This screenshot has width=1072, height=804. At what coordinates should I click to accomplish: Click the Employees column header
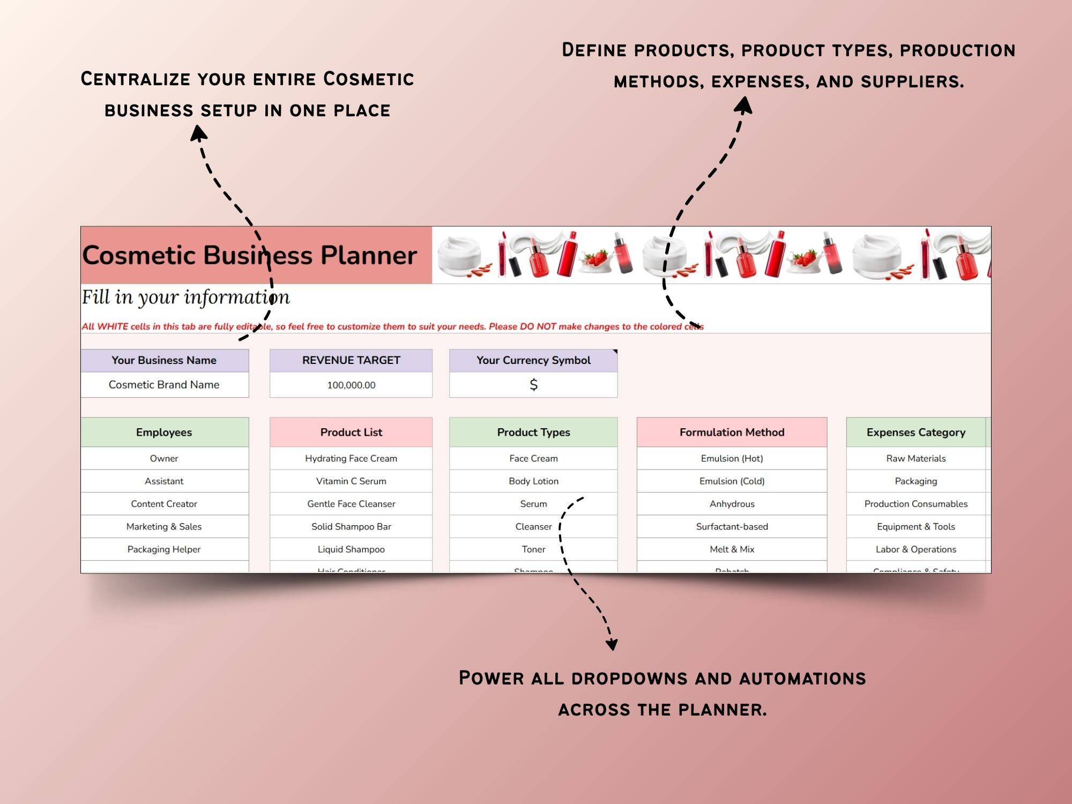pos(164,432)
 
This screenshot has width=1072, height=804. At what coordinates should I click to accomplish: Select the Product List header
pos(351,432)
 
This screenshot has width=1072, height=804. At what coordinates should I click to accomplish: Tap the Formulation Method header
pos(732,432)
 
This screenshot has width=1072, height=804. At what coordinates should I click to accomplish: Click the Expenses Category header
pos(915,432)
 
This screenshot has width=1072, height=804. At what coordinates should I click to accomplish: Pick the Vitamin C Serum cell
pos(351,481)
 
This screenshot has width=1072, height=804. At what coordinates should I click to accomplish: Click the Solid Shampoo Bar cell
pos(351,526)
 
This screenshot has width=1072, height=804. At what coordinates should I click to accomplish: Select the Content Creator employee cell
pos(164,504)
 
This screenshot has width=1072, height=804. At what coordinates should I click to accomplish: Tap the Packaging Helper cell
pos(164,549)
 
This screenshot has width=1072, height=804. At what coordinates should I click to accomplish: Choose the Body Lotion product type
pos(533,481)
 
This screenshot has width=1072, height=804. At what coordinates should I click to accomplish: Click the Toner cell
pos(533,549)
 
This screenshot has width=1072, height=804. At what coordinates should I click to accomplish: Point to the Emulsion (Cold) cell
pos(732,481)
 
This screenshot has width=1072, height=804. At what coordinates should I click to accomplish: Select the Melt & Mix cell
pos(732,549)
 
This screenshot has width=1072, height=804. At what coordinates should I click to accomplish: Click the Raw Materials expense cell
pos(915,458)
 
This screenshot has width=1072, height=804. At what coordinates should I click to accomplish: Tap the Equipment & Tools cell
pos(915,526)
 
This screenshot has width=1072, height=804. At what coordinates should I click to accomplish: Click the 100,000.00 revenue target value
pos(351,385)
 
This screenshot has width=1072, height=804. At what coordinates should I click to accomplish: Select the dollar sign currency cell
pos(533,385)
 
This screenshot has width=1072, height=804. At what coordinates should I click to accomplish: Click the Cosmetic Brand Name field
pos(164,385)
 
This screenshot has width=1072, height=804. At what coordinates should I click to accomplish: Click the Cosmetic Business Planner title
pos(249,255)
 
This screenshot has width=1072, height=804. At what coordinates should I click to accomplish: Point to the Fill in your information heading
pos(185,297)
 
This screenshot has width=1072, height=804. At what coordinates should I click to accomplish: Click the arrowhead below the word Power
pos(612,643)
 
